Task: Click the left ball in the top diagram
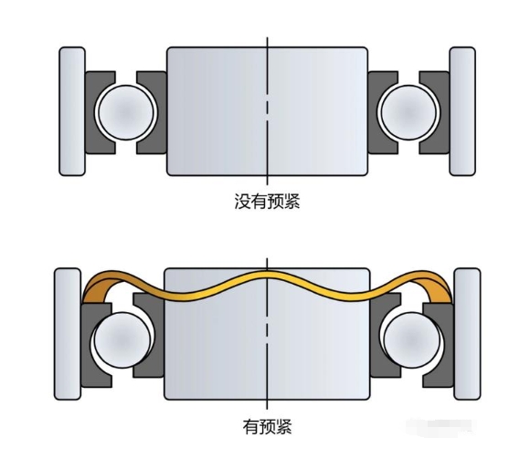click(x=126, y=112)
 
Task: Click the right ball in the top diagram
click(x=408, y=112)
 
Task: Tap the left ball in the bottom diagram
click(x=122, y=340)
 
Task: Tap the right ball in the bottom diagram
click(x=412, y=340)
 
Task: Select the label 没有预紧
click(x=267, y=202)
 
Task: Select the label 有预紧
click(x=267, y=426)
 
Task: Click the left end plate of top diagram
click(x=72, y=111)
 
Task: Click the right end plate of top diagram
click(x=462, y=111)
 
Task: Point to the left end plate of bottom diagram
click(x=68, y=334)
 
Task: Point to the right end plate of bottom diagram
click(x=467, y=334)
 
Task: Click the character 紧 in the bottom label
click(x=284, y=426)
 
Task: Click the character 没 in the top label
click(x=242, y=202)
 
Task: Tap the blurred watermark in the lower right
click(x=440, y=427)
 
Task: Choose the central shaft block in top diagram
click(x=267, y=111)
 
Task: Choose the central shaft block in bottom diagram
click(x=267, y=334)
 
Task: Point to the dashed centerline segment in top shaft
click(x=267, y=110)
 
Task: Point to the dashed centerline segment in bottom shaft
click(x=267, y=334)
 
